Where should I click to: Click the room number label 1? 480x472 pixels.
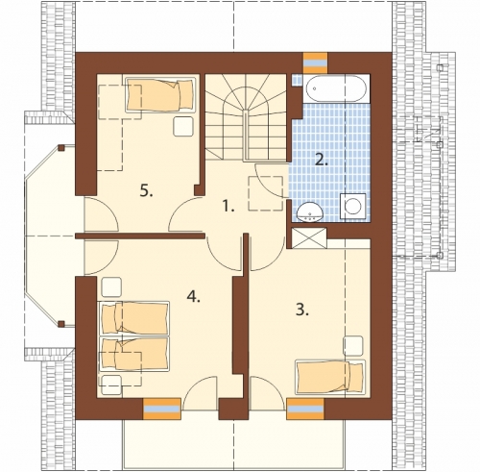point(228,206)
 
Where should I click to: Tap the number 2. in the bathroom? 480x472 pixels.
point(322,160)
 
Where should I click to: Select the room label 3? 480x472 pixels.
point(302,310)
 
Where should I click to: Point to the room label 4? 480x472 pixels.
point(194,297)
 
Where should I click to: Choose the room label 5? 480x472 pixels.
point(146,191)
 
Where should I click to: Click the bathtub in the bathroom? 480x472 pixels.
point(336,88)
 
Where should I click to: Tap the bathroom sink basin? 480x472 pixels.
point(310,212)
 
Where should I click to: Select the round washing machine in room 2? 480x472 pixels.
point(353,207)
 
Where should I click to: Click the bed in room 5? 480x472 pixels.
point(160,93)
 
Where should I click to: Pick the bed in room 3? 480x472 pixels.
point(330,377)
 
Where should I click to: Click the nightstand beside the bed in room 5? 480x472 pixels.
point(183,127)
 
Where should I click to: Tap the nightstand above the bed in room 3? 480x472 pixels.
point(353,346)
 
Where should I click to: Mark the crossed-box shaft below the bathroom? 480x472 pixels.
point(309,238)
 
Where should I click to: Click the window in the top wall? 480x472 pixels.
point(316,62)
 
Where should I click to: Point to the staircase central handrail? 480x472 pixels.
point(246,136)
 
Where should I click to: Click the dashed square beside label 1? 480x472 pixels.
point(266,193)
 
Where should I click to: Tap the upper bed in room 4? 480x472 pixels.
point(134,317)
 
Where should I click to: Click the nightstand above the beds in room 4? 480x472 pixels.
point(111,287)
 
